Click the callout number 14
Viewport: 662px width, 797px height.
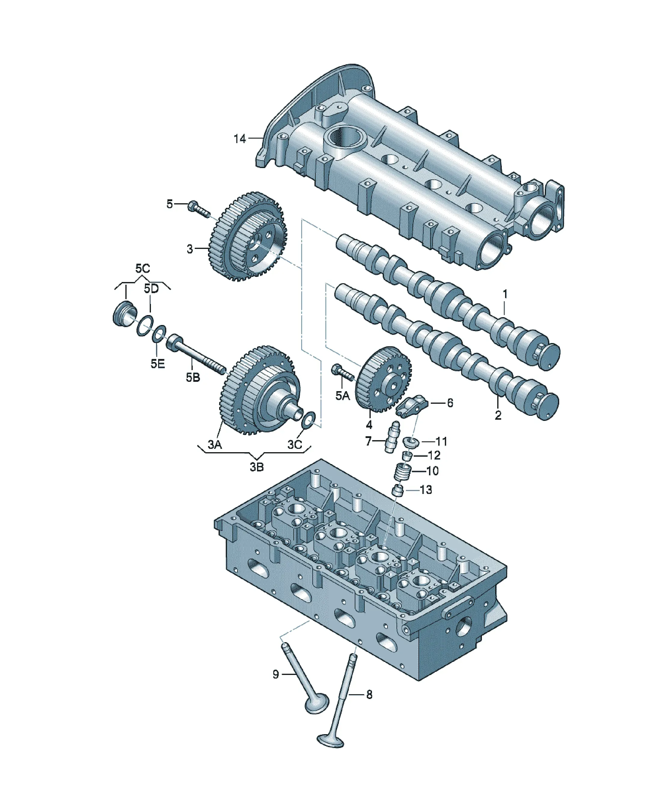click(240, 139)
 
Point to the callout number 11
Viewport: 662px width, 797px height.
click(441, 441)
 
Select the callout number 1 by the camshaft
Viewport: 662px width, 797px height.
click(505, 294)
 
